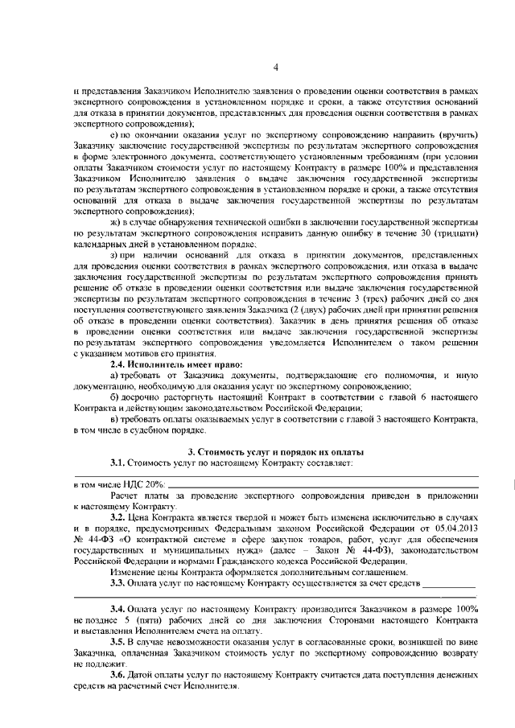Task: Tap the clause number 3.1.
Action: coord(121,463)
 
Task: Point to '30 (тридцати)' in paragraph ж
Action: coord(453,233)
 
